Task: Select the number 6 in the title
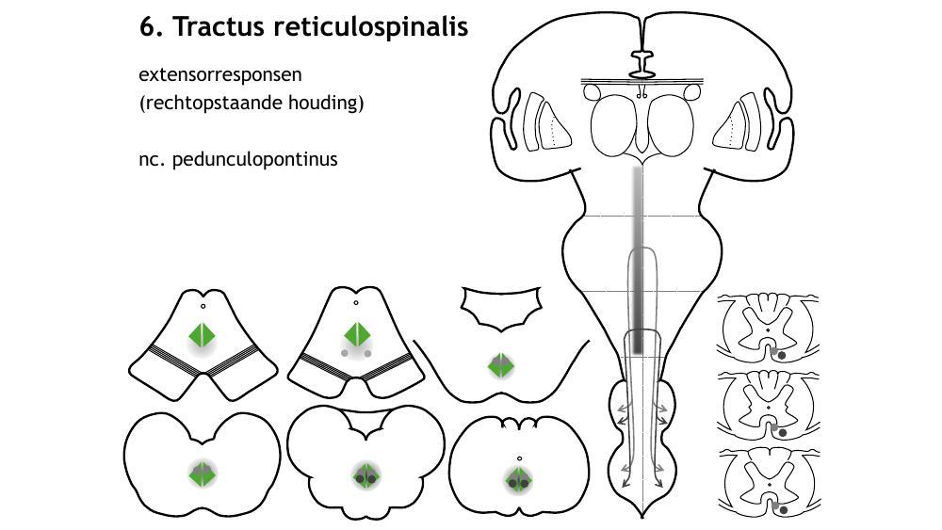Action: [x=148, y=27]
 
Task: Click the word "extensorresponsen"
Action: [x=220, y=74]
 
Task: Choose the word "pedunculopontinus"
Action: [x=255, y=159]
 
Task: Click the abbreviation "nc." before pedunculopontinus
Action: [x=154, y=159]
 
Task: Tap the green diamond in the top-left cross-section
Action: [x=203, y=335]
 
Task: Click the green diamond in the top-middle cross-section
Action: [x=356, y=334]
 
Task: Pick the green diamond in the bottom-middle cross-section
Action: [x=365, y=476]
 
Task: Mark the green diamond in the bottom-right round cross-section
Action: [x=518, y=480]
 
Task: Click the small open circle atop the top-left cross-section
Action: [x=203, y=306]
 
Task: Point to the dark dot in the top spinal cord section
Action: [x=781, y=355]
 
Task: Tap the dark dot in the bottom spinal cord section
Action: [x=784, y=510]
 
